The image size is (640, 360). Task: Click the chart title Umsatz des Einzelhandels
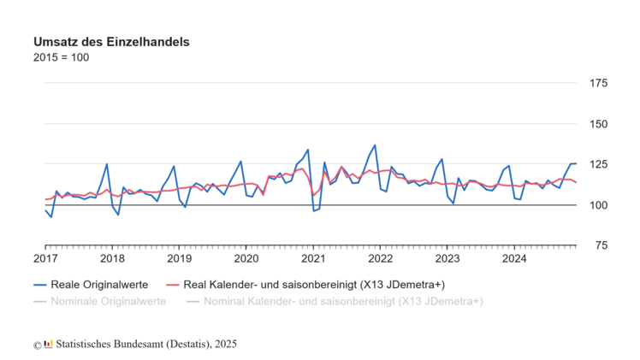click(x=111, y=42)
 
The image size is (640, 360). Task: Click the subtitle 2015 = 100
click(x=61, y=58)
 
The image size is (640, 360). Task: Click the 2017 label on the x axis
click(x=45, y=258)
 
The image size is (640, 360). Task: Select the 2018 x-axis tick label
click(x=112, y=258)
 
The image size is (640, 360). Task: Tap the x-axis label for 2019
click(x=179, y=258)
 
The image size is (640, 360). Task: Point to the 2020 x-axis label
click(x=246, y=258)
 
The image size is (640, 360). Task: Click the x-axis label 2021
click(x=313, y=258)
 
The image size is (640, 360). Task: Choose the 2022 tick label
click(x=380, y=258)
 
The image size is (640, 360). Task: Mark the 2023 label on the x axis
click(x=447, y=258)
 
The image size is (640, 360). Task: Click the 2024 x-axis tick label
click(x=513, y=258)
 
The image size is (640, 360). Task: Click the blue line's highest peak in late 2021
click(x=375, y=145)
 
